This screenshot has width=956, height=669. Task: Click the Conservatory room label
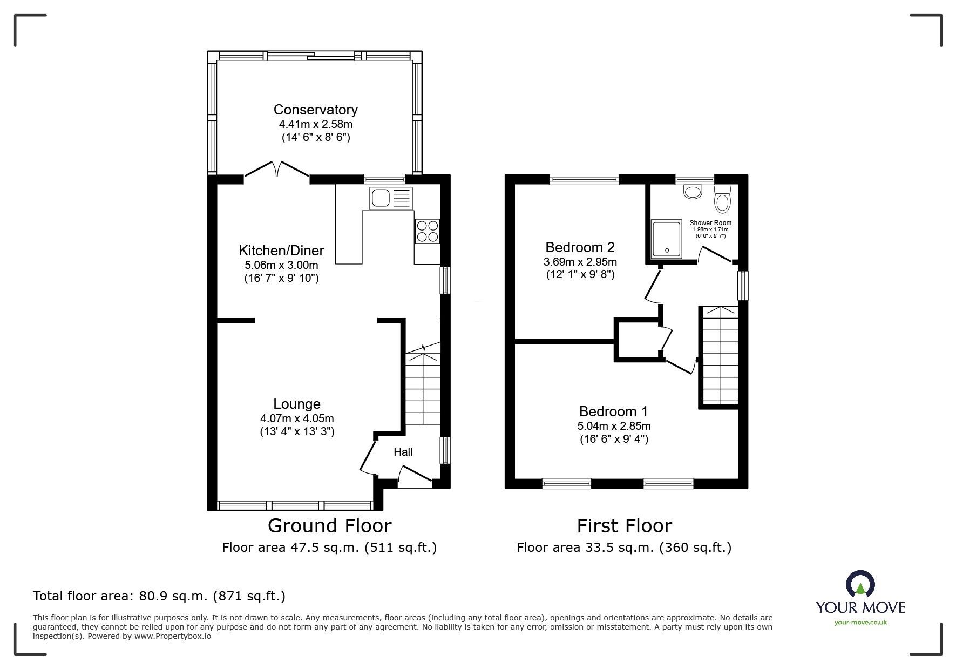[315, 110]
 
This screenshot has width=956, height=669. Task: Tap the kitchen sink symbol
[390, 198]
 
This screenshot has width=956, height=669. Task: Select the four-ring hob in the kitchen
[427, 231]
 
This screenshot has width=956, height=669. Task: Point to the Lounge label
[297, 404]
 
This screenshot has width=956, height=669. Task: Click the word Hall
[403, 452]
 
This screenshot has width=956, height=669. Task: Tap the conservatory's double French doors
[277, 168]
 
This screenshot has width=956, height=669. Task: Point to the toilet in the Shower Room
[722, 199]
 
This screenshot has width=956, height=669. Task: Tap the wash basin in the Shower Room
[692, 191]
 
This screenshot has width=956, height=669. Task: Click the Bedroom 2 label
[580, 247]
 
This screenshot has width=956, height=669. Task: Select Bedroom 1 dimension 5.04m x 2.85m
[613, 426]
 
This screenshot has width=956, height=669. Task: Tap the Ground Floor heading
[329, 525]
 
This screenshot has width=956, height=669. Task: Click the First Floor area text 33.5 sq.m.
[623, 548]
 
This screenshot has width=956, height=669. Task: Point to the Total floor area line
[159, 596]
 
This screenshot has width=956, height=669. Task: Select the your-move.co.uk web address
[860, 623]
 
